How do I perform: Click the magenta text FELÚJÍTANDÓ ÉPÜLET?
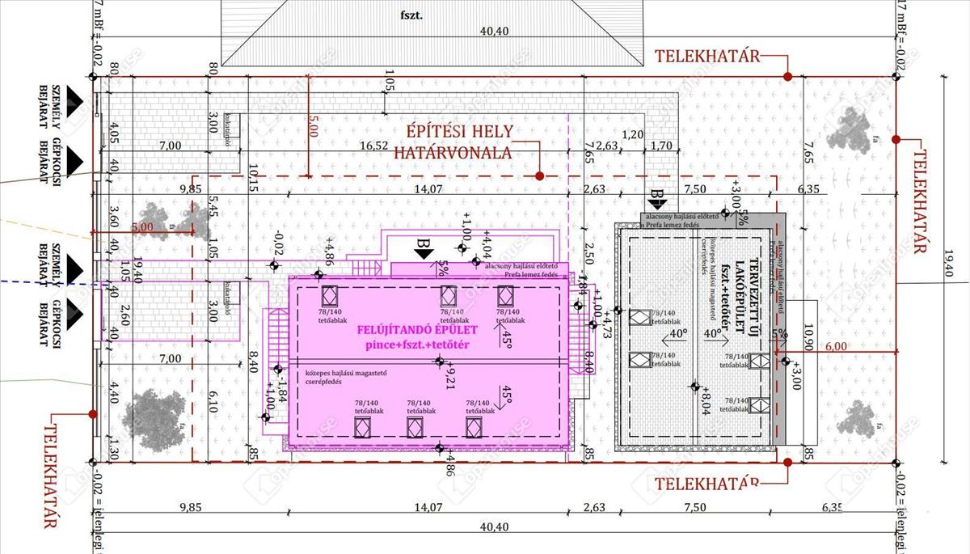tap(417, 330)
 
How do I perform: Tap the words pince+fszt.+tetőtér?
tap(418, 345)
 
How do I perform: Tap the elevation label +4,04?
tap(487, 243)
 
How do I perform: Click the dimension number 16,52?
tap(375, 146)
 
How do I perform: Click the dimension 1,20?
tap(633, 134)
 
